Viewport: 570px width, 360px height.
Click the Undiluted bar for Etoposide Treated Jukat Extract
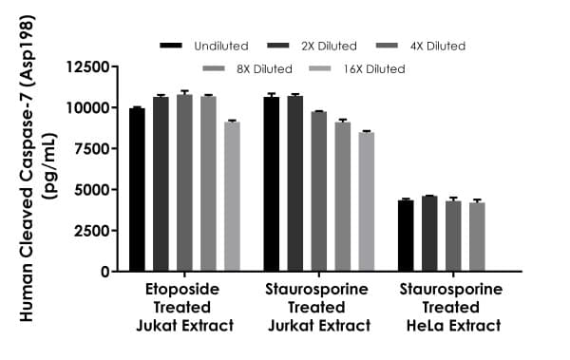tap(137, 190)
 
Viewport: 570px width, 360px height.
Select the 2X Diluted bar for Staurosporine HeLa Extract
tap(429, 234)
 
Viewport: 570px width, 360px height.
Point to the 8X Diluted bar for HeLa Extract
tap(477, 237)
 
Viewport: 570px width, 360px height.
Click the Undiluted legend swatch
tap(171, 46)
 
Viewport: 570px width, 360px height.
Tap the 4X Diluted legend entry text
tap(437, 46)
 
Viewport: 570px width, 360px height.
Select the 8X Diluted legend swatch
tap(214, 68)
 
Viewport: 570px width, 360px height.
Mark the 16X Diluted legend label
tap(376, 68)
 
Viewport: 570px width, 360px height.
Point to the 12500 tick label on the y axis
tap(88, 66)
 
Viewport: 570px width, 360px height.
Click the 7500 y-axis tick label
tap(92, 149)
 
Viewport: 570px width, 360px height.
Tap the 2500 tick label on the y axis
tap(92, 231)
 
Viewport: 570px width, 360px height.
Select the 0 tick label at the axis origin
tap(104, 272)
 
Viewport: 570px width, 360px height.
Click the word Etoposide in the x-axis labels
tap(183, 289)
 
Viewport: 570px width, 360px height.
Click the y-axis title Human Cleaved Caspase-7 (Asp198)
tap(28, 180)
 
